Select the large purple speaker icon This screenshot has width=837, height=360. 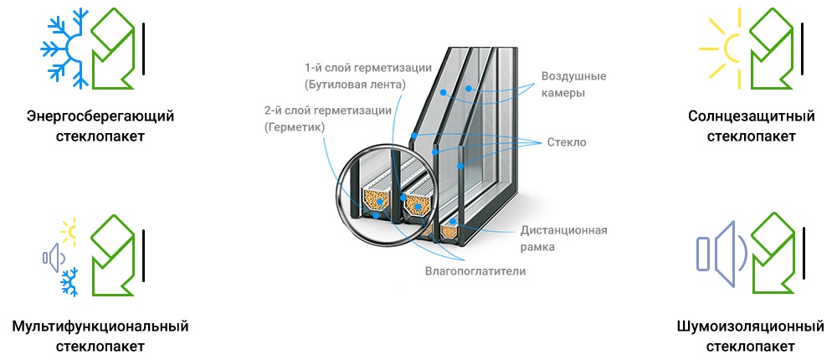[721, 252]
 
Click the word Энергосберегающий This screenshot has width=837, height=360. [100, 116]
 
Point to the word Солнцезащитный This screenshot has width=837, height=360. [751, 116]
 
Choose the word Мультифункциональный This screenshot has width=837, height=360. [100, 326]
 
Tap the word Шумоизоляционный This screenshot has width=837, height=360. [751, 326]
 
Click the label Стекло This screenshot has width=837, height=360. [567, 142]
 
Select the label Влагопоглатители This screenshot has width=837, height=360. [475, 271]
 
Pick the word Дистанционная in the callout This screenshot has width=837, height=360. [563, 231]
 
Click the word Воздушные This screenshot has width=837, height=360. [574, 76]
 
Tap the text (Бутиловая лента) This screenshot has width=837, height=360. [355, 85]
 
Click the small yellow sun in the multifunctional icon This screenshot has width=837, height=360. [69, 231]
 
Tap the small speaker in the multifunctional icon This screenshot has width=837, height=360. [53, 258]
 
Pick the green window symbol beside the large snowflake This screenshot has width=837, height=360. [113, 49]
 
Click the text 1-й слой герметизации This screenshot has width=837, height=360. [367, 68]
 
